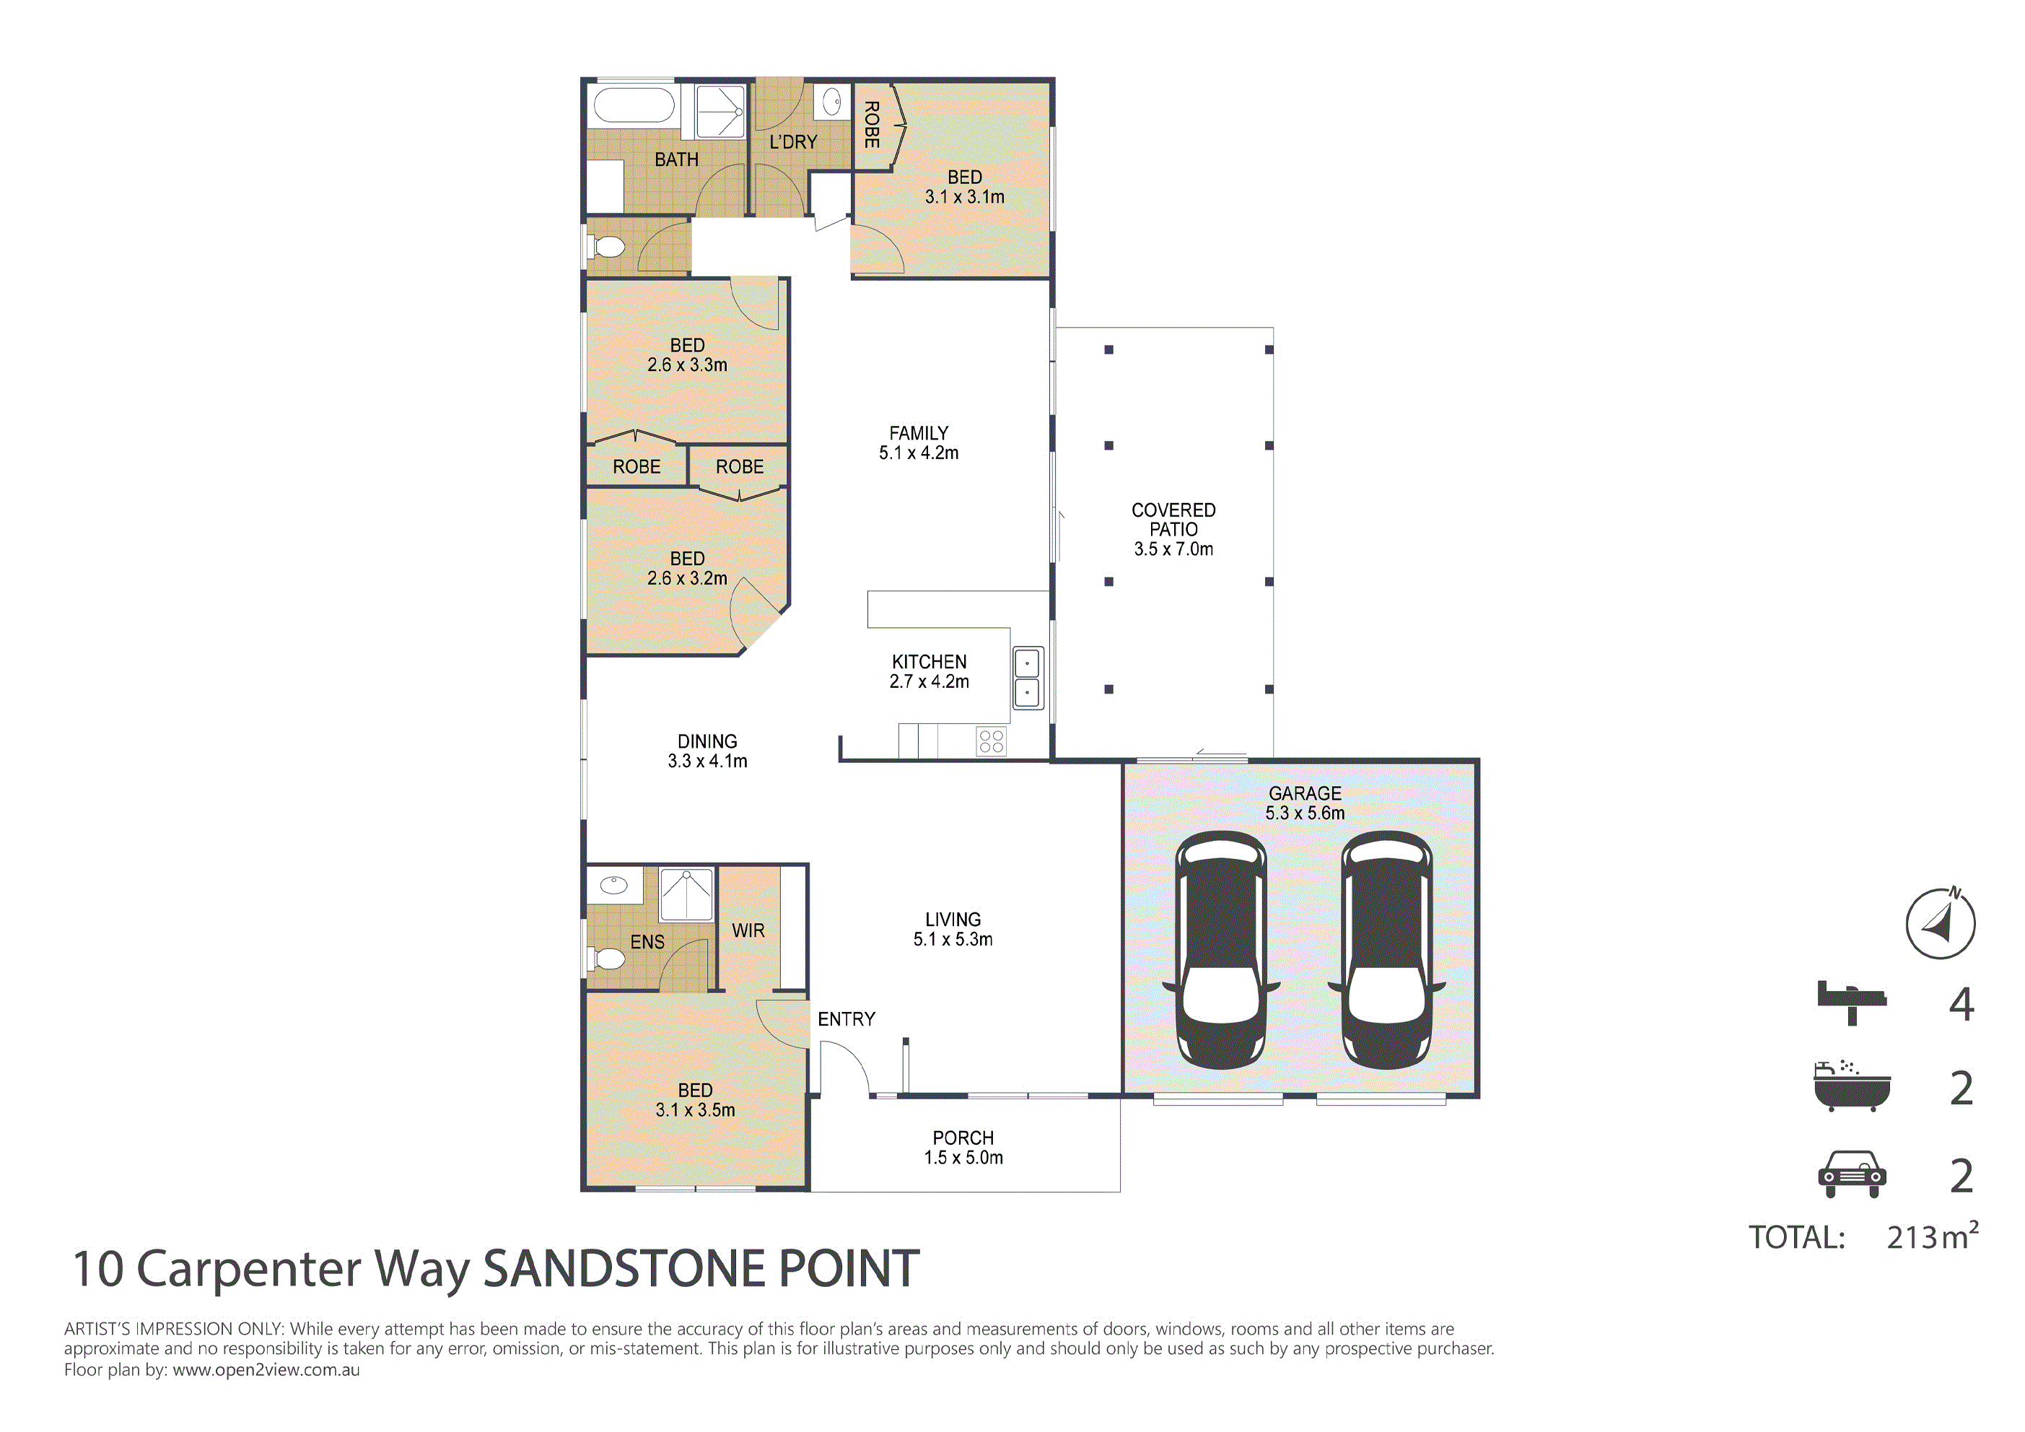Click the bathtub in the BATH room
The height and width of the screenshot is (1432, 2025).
[635, 105]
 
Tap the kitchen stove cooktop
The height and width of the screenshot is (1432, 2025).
[992, 741]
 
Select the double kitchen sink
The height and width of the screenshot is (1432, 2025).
[1028, 678]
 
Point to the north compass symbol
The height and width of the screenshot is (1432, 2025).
[1941, 923]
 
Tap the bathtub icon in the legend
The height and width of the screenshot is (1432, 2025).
[1852, 1086]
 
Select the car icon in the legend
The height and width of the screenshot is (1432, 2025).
[1852, 1174]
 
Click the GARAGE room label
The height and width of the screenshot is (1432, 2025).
[1305, 793]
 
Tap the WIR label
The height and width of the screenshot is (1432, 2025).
[748, 931]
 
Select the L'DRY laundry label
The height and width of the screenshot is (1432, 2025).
[793, 141]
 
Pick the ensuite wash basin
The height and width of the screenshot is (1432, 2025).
[614, 884]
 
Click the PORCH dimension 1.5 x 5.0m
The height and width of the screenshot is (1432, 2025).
[963, 1158]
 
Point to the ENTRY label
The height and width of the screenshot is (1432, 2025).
[847, 1019]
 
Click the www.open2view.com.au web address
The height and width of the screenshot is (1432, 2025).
[266, 1370]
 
